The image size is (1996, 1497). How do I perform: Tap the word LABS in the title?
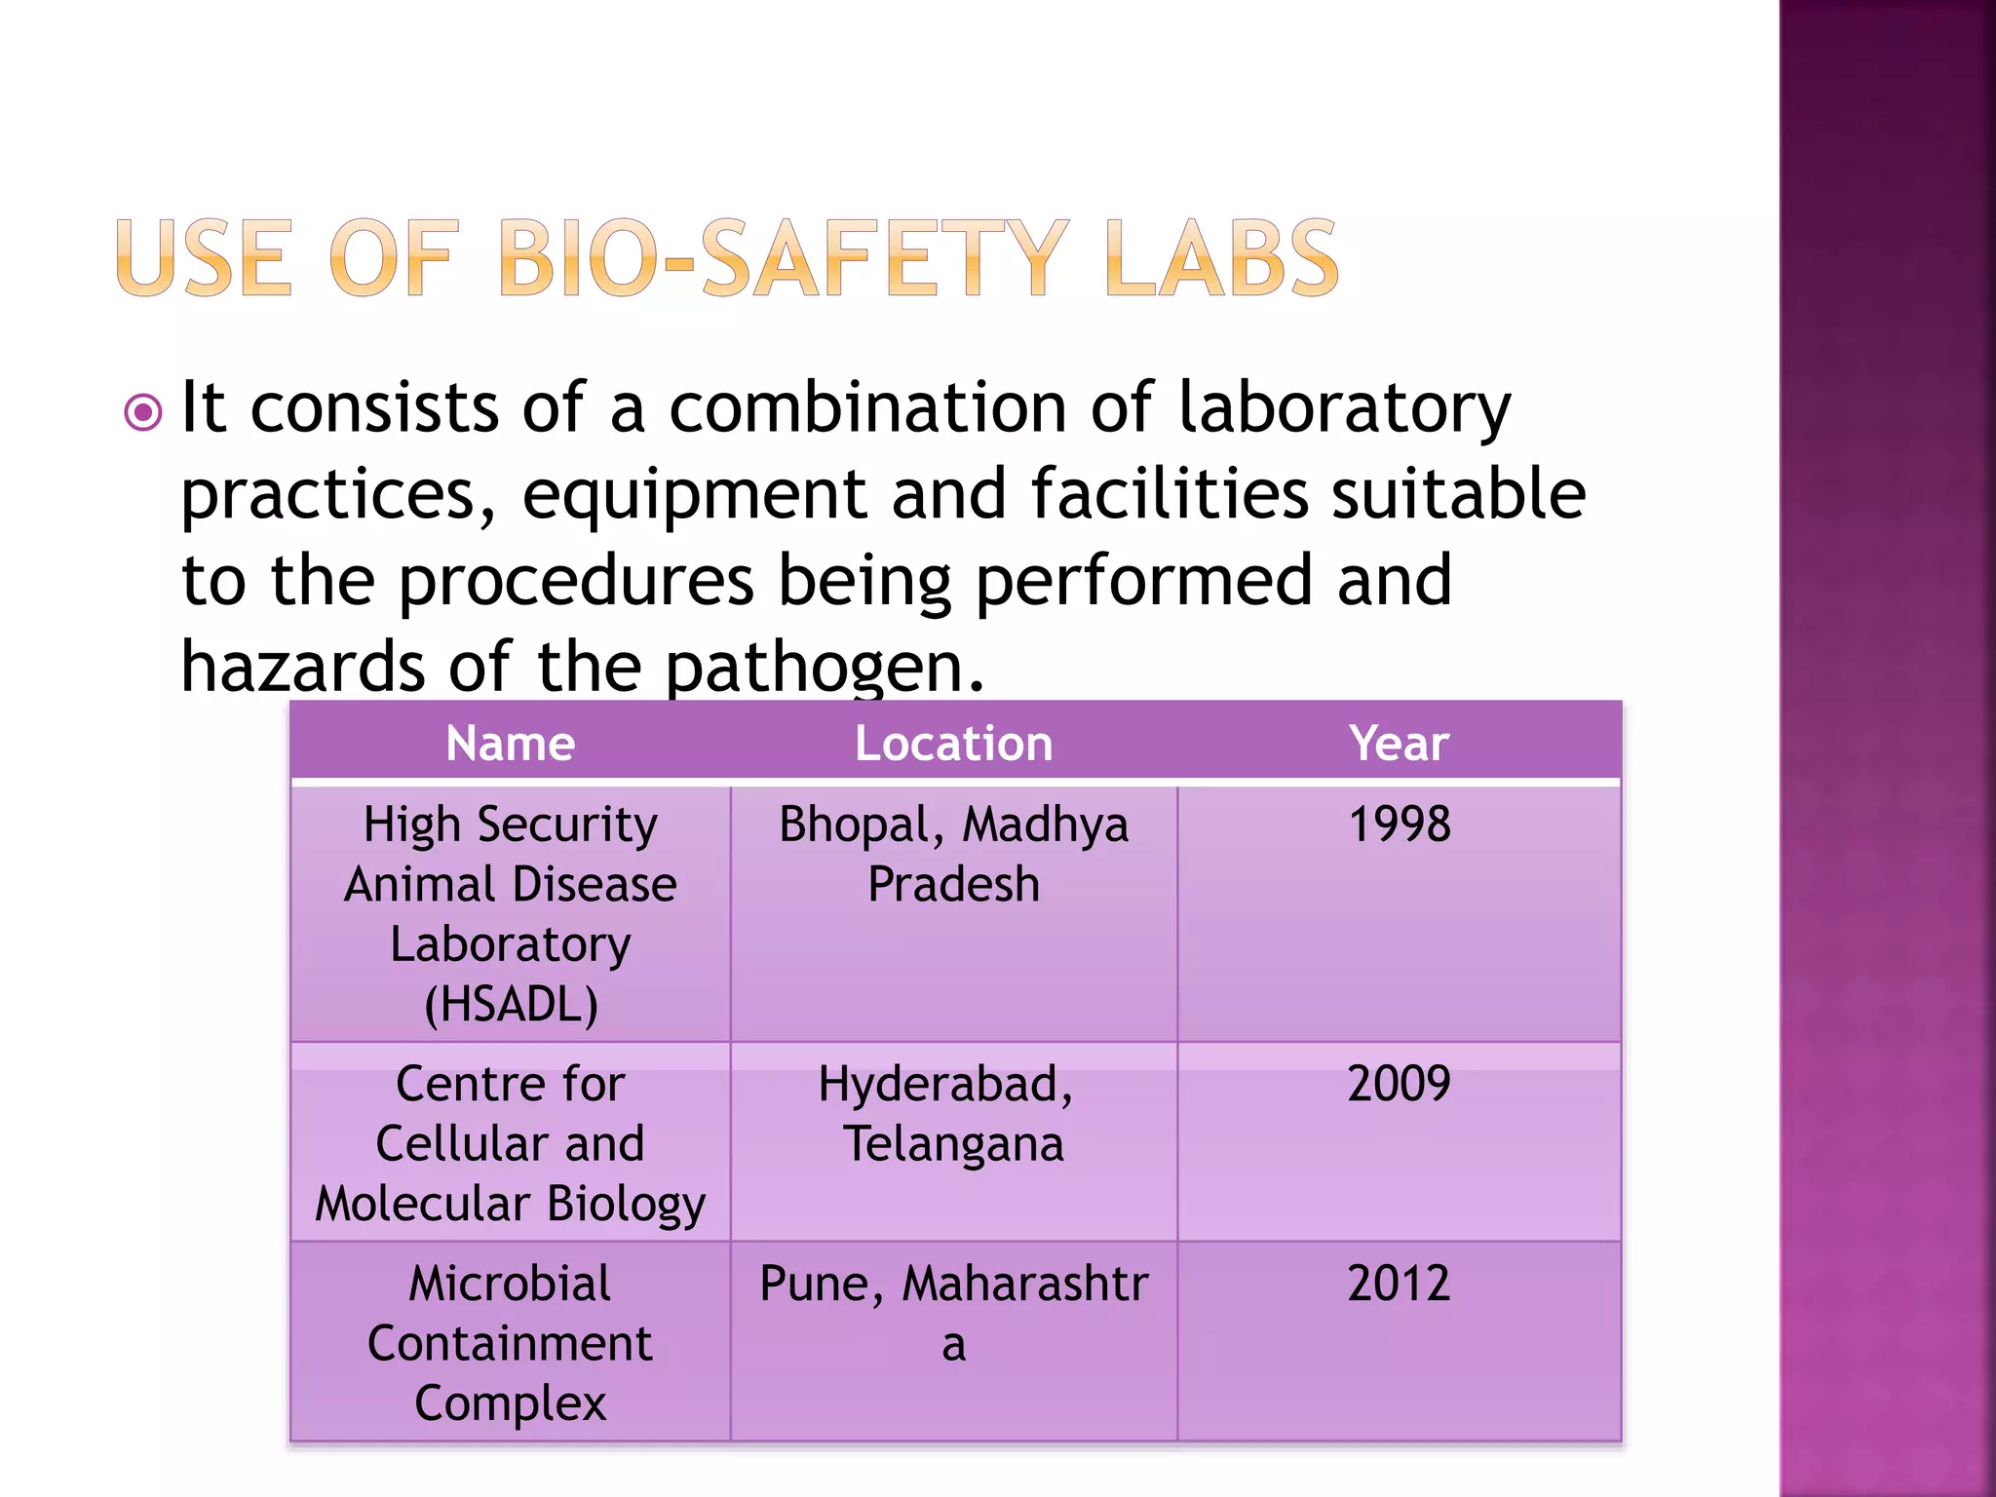click(1222, 257)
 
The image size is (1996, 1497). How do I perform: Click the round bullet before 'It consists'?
click(143, 413)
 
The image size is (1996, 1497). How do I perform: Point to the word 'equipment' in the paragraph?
click(694, 495)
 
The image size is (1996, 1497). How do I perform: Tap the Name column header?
click(510, 744)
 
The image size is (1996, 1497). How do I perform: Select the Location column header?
click(953, 744)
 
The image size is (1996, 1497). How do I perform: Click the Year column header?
click(1399, 744)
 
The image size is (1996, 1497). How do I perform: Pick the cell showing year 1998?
click(1399, 825)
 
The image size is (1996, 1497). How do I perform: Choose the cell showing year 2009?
click(1399, 1084)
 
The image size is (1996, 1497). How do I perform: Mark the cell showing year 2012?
click(1399, 1284)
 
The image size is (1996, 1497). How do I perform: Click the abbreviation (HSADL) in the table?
click(511, 1005)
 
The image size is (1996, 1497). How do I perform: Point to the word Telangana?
click(953, 1145)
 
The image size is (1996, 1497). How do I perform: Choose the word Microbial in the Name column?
click(510, 1284)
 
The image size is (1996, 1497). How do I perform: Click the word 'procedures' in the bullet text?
click(576, 581)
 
